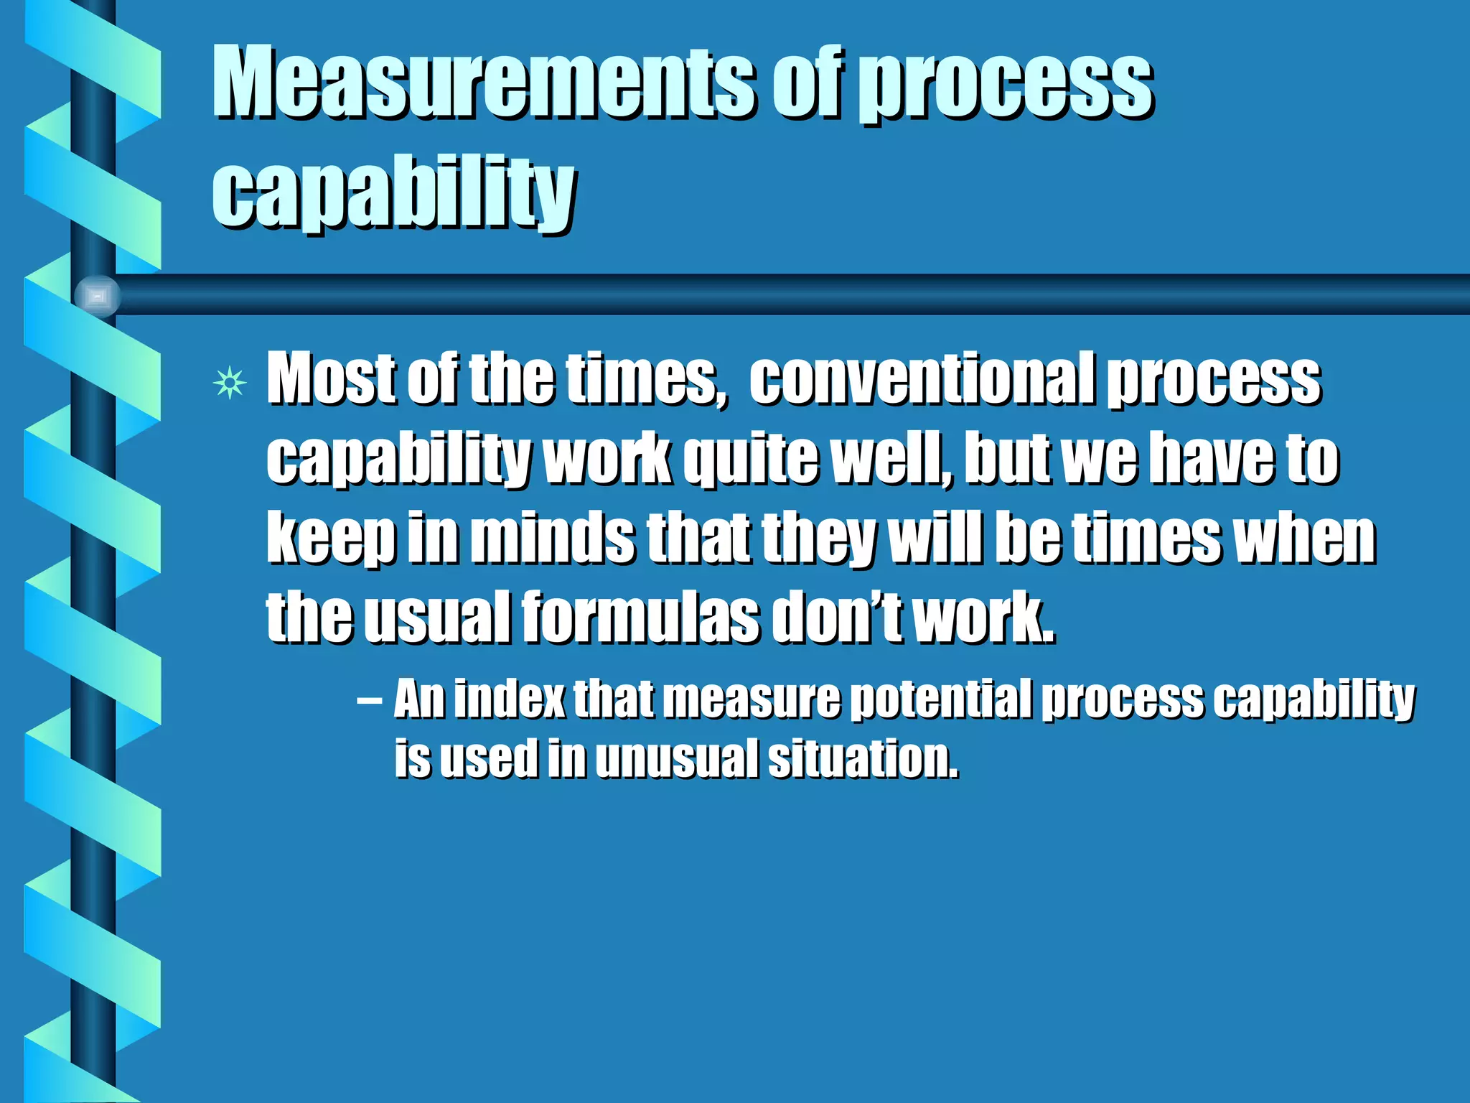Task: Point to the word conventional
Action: pos(922,378)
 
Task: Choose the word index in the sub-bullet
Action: pos(510,699)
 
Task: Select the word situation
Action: pos(863,758)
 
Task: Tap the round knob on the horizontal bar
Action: pos(98,295)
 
